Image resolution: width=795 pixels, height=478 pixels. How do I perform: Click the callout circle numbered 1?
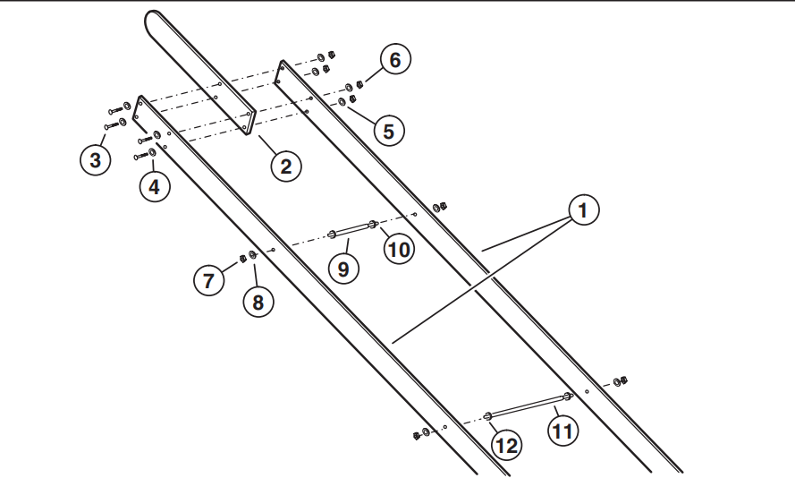pos(582,212)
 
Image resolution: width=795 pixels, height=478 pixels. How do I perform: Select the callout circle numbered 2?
pos(285,166)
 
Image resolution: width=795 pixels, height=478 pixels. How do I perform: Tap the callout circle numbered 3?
pos(95,160)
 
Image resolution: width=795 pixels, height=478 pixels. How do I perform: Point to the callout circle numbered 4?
pos(155,188)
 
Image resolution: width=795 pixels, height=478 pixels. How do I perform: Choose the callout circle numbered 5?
pos(387,131)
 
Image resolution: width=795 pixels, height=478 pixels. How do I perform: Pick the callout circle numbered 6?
pos(395,60)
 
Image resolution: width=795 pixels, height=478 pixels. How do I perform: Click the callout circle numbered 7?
pos(209,280)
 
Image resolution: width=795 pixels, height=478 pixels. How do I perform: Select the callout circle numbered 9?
pos(343,268)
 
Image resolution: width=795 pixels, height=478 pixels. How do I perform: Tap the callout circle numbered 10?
pos(400,248)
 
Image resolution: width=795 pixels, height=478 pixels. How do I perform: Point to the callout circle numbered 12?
pos(507,445)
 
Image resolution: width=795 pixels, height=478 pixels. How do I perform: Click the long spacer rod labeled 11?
pos(528,405)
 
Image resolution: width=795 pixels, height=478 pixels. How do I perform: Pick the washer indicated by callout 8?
pos(253,256)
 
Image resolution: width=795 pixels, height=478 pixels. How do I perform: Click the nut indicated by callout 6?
pos(359,84)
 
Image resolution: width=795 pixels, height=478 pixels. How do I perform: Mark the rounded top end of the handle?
pos(154,19)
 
